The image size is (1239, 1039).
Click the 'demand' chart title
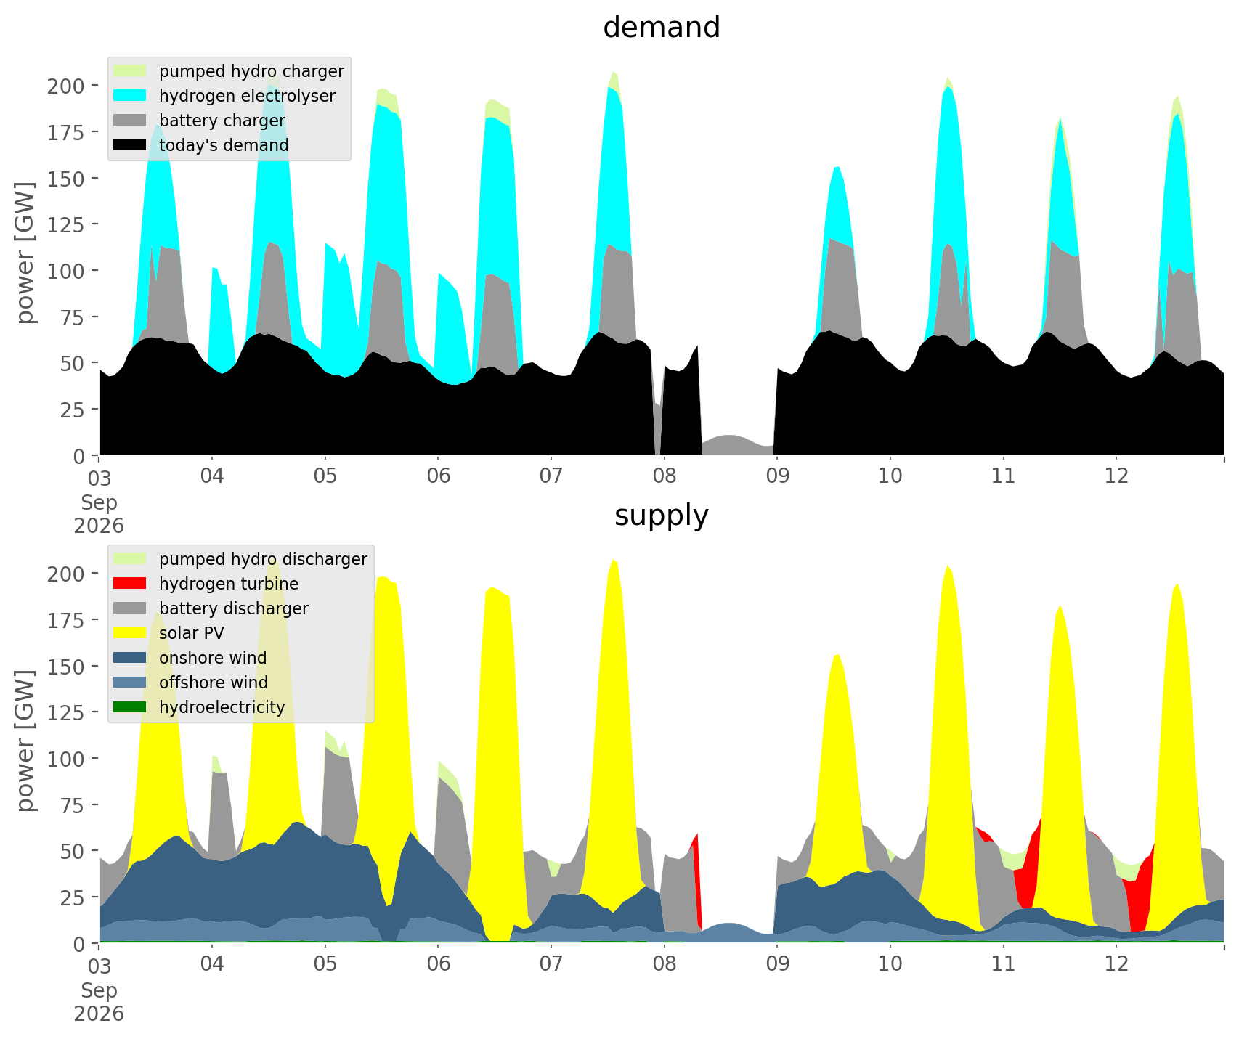(x=661, y=28)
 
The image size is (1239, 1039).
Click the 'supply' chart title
(x=661, y=516)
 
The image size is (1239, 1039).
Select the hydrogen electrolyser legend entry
(x=225, y=96)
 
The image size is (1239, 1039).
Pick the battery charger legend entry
(x=200, y=121)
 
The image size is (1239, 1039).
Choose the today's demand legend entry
(x=202, y=145)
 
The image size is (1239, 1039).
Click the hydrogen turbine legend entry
(x=206, y=584)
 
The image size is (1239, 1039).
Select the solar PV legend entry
(x=169, y=633)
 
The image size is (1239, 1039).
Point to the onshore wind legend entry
(x=190, y=658)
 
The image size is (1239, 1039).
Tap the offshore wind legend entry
(x=191, y=683)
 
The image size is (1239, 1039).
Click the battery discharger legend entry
(x=211, y=608)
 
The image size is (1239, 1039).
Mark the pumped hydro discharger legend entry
(x=240, y=559)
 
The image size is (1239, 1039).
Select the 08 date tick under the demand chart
(x=664, y=476)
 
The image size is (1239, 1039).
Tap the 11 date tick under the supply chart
(x=1003, y=964)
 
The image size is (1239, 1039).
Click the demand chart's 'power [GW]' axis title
(x=26, y=253)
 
